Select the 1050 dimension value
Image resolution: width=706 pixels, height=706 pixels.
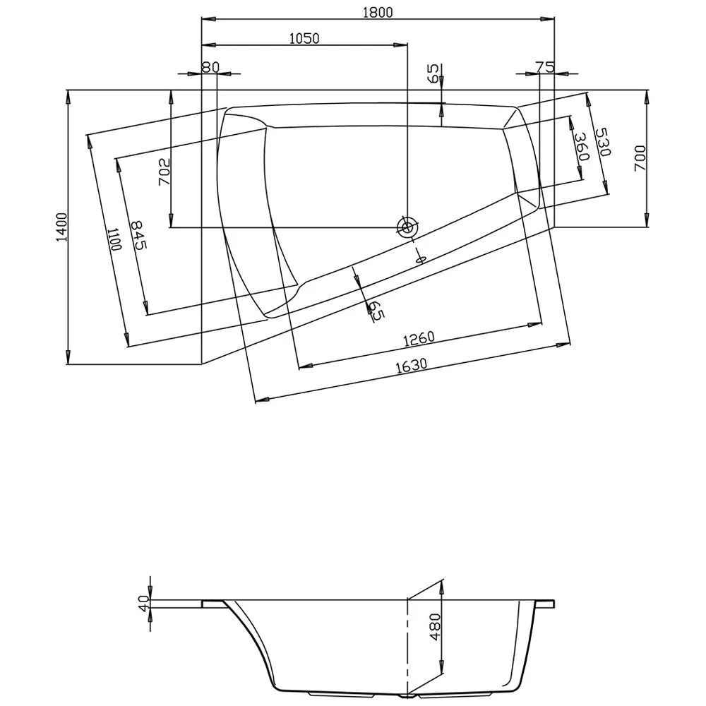(x=304, y=39)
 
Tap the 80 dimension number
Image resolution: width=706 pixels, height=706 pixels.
(x=210, y=67)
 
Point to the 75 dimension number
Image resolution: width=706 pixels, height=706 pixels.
(x=544, y=67)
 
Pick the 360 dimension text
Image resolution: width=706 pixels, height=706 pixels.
(x=580, y=148)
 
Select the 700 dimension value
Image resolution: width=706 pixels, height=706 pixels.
(x=640, y=158)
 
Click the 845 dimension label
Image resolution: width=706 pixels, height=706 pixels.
(x=138, y=234)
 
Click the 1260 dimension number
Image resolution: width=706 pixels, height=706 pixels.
(x=419, y=340)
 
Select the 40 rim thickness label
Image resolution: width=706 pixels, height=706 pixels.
(x=143, y=604)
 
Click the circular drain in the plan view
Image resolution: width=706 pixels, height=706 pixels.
(x=407, y=227)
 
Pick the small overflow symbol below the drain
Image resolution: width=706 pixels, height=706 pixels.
(x=419, y=258)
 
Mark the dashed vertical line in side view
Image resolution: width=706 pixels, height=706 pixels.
(x=407, y=646)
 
